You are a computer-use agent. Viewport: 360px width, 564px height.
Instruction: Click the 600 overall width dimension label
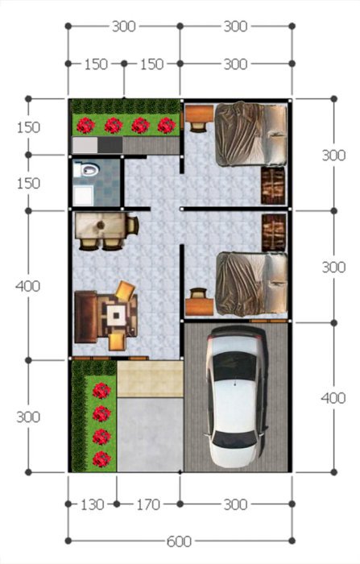click(x=179, y=541)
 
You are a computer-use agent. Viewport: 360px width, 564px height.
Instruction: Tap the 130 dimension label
click(x=92, y=504)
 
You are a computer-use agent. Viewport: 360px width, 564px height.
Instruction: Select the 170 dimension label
click(x=148, y=504)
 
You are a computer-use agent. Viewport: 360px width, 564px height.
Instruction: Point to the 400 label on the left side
click(x=27, y=286)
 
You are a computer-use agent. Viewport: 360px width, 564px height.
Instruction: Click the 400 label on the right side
click(x=333, y=398)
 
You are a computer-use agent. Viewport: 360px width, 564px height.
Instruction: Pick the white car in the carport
click(x=236, y=396)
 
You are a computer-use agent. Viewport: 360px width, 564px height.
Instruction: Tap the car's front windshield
click(x=234, y=366)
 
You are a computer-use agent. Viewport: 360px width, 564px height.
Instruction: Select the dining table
click(x=100, y=226)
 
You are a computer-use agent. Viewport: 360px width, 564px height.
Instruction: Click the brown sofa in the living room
click(x=85, y=317)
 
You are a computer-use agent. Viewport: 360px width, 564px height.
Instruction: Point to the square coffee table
click(x=116, y=316)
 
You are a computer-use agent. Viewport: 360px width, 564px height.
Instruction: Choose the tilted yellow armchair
click(x=125, y=291)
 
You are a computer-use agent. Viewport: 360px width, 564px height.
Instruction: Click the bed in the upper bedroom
click(x=251, y=135)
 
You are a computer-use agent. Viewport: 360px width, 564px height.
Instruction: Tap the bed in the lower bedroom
click(x=251, y=284)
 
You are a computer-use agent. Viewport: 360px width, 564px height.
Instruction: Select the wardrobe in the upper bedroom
click(x=273, y=185)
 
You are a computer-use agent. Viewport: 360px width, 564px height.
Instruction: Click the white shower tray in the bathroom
click(x=84, y=195)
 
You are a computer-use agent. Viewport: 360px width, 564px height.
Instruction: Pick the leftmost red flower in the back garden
click(x=85, y=125)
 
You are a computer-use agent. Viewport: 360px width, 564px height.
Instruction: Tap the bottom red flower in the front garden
click(x=101, y=459)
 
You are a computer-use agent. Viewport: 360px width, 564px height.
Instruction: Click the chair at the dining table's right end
click(x=132, y=225)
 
